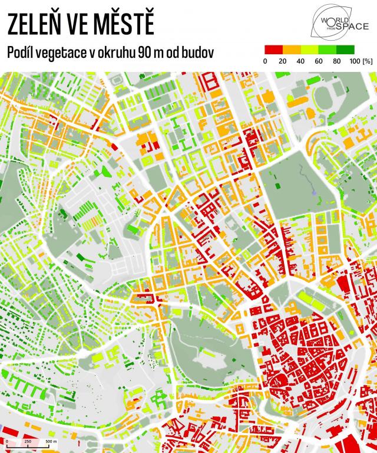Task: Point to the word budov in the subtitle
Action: click(x=198, y=52)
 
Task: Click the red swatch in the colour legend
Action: click(x=271, y=50)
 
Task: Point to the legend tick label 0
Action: click(x=264, y=61)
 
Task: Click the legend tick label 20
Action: click(x=282, y=61)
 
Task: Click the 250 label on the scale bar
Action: click(x=27, y=441)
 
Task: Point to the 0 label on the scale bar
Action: click(x=6, y=441)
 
